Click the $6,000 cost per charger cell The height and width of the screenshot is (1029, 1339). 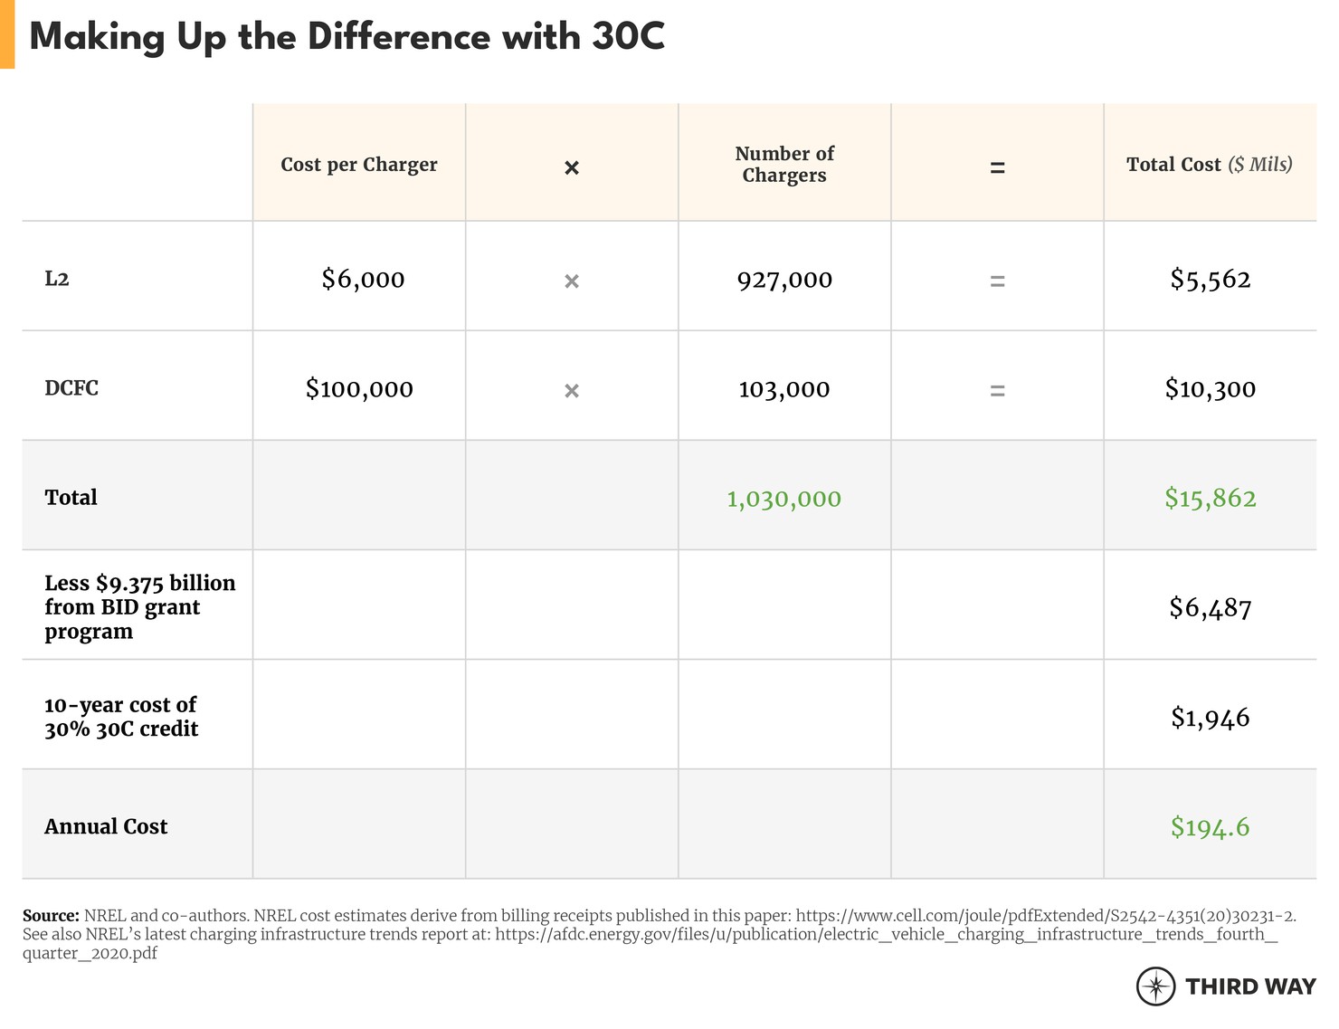click(363, 279)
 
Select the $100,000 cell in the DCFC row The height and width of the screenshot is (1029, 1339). click(359, 389)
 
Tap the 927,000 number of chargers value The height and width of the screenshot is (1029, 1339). click(784, 280)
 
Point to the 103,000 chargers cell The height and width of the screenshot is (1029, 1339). click(784, 389)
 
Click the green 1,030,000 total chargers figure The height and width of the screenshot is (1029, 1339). click(784, 499)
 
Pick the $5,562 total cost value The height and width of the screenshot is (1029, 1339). click(1211, 280)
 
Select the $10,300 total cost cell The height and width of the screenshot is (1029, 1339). click(1211, 389)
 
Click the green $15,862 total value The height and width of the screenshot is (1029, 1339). click(1211, 499)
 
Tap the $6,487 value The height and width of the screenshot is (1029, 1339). click(1211, 607)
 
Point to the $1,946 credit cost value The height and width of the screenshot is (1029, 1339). click(1211, 718)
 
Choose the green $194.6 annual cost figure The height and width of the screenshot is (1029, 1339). click(1211, 827)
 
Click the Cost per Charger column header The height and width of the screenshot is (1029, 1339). click(359, 165)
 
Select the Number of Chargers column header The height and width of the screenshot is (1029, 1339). click(784, 165)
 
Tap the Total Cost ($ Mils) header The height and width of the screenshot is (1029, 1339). click(1210, 165)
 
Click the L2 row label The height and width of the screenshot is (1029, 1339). click(57, 279)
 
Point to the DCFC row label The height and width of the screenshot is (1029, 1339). click(71, 388)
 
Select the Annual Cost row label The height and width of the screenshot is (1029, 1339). click(106, 826)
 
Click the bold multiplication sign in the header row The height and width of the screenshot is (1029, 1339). click(572, 167)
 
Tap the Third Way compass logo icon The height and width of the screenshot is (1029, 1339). click(1155, 986)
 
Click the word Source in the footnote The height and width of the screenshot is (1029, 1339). click(50, 916)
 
